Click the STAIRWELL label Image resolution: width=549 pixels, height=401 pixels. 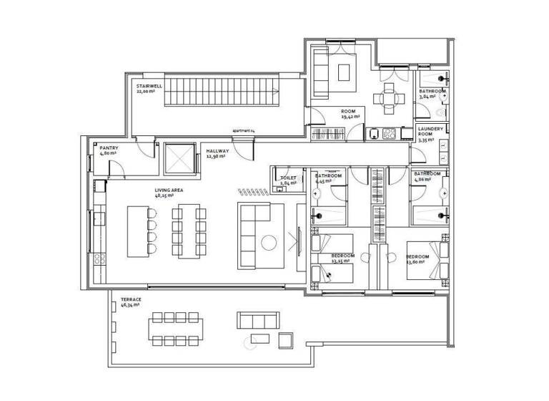(x=150, y=87)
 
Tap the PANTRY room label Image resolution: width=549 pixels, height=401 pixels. (x=109, y=148)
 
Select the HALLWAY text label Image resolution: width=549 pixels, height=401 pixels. (x=217, y=151)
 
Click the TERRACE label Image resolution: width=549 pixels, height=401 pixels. (x=131, y=299)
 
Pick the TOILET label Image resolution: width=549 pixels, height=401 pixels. (x=288, y=178)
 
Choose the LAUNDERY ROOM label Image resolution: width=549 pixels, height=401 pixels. (x=431, y=132)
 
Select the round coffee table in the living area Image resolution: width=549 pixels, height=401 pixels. (x=271, y=242)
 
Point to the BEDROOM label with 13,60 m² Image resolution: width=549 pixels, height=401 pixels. (x=417, y=256)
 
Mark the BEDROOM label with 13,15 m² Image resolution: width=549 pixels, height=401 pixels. (x=342, y=256)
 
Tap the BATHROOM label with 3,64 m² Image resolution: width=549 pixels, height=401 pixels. (x=432, y=92)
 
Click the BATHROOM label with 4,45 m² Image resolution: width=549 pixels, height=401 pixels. (x=328, y=175)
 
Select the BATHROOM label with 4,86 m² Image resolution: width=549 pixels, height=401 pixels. (x=427, y=174)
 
